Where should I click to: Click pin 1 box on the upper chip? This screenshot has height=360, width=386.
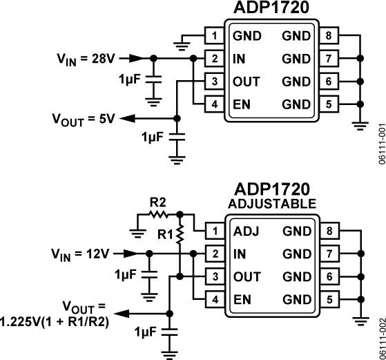click(x=214, y=36)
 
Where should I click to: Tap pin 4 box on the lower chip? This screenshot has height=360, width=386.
click(x=214, y=299)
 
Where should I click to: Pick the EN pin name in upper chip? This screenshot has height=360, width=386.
click(x=242, y=104)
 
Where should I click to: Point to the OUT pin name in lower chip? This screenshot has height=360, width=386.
click(x=247, y=276)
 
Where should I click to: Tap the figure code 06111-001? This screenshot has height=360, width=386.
click(x=380, y=149)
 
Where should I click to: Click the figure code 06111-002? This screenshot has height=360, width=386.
click(x=380, y=339)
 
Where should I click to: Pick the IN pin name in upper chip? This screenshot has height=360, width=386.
click(x=239, y=59)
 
